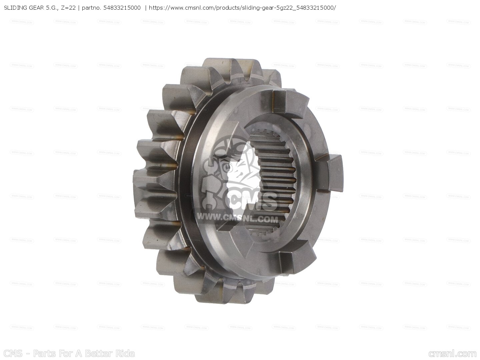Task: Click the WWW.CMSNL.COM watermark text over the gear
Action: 237,219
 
